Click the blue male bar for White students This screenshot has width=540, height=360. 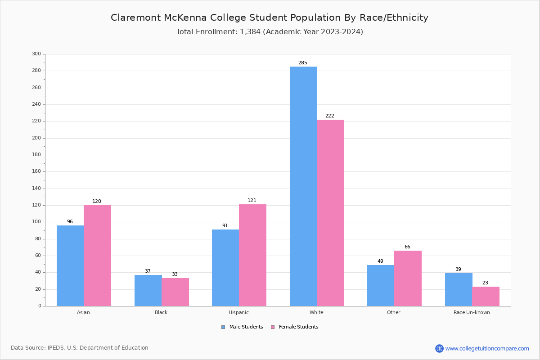[x=303, y=186]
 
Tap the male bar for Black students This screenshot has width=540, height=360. [x=148, y=290]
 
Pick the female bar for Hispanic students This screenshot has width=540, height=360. [x=252, y=255]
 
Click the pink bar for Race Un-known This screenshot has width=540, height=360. [x=486, y=296]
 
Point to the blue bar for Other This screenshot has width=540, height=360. [x=381, y=285]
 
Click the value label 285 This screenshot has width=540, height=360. [x=303, y=63]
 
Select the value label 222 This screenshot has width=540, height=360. [x=330, y=116]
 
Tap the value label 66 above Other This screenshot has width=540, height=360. [x=407, y=247]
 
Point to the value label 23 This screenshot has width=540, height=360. [x=485, y=283]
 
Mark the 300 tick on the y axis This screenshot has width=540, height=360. [x=36, y=54]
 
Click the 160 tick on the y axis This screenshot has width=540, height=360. [x=36, y=171]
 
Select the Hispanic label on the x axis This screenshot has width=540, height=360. [x=238, y=312]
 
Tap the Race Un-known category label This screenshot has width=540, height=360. [x=472, y=312]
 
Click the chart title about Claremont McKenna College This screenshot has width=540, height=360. [x=270, y=18]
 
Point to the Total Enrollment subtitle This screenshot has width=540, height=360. [x=270, y=32]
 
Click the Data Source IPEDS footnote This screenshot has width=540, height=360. [x=80, y=348]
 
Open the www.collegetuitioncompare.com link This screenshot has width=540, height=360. [x=487, y=348]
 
